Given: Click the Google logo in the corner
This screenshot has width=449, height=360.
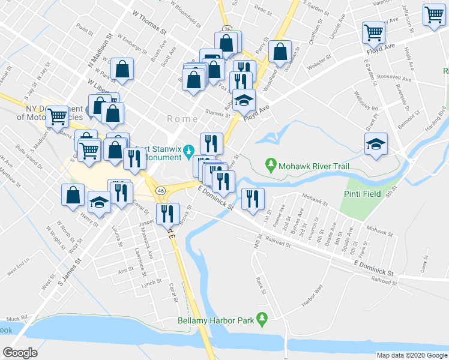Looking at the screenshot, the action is pos(20,353).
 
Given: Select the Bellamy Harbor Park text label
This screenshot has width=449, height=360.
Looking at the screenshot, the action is pos(217,320).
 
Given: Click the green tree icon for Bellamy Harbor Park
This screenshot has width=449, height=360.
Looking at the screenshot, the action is pos(262,319).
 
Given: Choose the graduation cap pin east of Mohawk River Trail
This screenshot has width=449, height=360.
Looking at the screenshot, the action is pos(376,144).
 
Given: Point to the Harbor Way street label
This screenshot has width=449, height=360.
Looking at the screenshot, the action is pos(312,298).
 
